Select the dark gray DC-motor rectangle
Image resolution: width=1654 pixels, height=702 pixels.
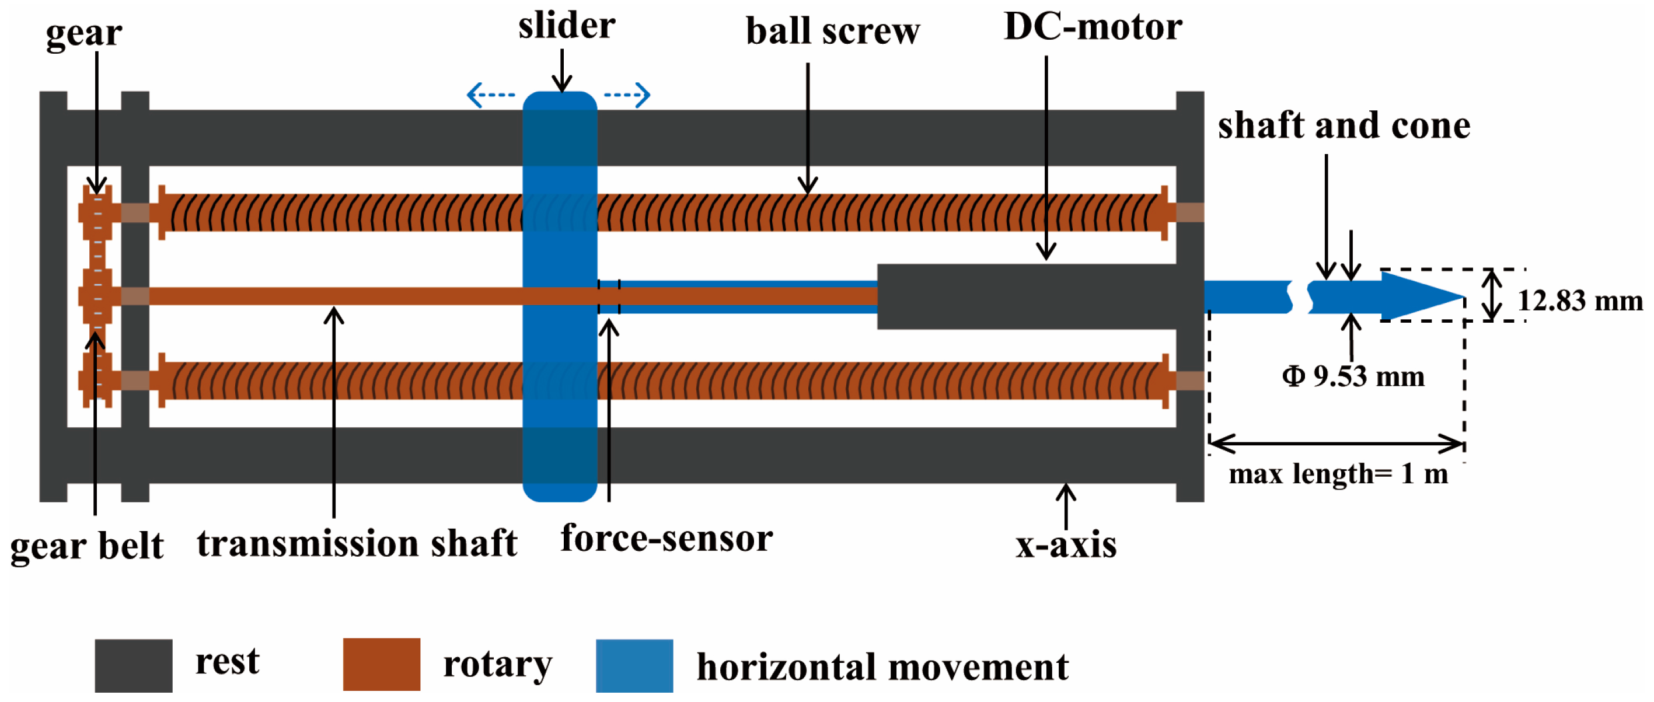click(x=1026, y=296)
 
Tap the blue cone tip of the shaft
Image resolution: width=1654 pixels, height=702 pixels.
click(x=1422, y=296)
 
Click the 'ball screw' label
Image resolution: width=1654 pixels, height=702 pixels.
click(x=832, y=31)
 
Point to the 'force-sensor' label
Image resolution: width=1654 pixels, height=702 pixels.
click(x=666, y=537)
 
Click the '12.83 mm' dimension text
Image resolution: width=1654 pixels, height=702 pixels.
click(x=1579, y=301)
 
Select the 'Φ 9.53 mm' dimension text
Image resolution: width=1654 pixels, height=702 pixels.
click(x=1353, y=376)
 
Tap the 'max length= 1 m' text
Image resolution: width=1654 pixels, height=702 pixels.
click(x=1338, y=474)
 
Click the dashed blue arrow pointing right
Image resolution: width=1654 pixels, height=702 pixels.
click(x=627, y=95)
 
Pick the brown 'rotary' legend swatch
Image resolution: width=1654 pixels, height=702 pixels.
click(x=381, y=664)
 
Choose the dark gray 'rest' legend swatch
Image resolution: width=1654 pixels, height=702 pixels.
click(x=134, y=665)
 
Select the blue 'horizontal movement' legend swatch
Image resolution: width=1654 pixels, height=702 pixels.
click(x=634, y=665)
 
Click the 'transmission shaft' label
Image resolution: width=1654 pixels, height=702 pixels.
click(x=357, y=543)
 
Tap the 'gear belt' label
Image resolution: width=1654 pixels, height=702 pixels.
click(x=87, y=547)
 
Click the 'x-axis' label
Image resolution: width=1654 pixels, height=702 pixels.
click(x=1065, y=545)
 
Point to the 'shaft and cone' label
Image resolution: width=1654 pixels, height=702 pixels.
click(x=1344, y=125)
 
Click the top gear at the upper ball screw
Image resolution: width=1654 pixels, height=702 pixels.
click(x=96, y=212)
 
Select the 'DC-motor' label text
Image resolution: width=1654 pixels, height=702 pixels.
click(x=1092, y=27)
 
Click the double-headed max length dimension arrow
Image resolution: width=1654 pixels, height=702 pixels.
click(x=1335, y=443)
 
